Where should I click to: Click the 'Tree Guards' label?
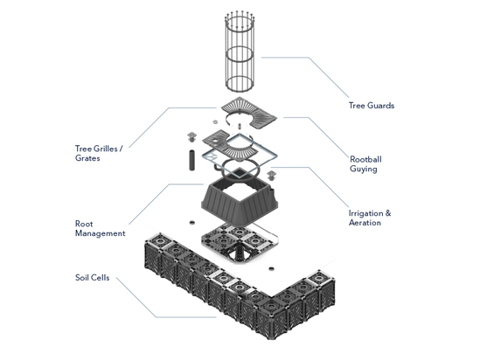pyautogui.click(x=371, y=106)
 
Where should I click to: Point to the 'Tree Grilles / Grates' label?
pyautogui.click(x=99, y=154)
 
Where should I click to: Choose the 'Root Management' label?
pyautogui.click(x=100, y=229)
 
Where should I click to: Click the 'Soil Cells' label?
pyautogui.click(x=93, y=279)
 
